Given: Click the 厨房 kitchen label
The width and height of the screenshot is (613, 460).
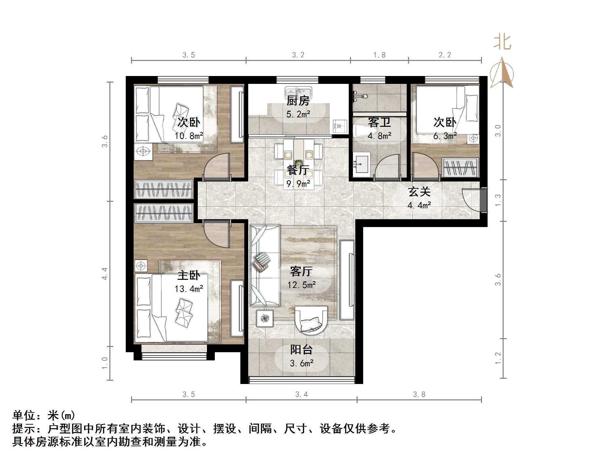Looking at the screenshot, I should (x=298, y=101).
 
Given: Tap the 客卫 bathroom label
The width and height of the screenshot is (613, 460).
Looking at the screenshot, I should (x=379, y=123).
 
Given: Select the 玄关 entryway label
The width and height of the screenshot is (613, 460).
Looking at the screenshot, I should (x=419, y=192).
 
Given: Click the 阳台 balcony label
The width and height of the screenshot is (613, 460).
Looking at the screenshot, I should (x=301, y=350).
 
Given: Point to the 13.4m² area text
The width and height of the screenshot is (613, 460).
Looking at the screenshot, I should (x=189, y=289).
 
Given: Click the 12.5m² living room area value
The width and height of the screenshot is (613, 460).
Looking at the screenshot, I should (x=301, y=285).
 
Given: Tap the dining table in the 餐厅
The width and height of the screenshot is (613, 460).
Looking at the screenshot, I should (x=298, y=164).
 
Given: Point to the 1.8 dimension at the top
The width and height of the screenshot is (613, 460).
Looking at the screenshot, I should (x=379, y=55).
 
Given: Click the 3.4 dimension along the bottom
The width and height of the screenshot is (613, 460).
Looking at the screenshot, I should (x=301, y=394).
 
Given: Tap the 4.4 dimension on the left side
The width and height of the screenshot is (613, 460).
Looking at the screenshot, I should (x=105, y=274).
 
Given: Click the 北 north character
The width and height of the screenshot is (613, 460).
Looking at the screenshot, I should (x=502, y=42).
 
